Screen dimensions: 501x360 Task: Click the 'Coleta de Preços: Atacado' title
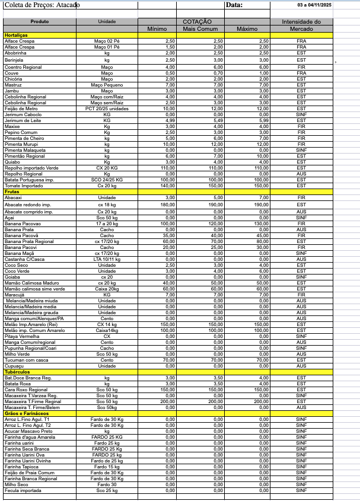pyautogui.click(x=37, y=5)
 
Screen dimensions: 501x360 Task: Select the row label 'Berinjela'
pyautogui.click(x=15, y=60)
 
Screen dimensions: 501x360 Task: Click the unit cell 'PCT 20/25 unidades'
pyautogui.click(x=107, y=109)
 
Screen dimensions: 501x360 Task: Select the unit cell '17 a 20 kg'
pyautogui.click(x=107, y=224)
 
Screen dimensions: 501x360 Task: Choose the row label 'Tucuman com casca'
pyautogui.click(x=23, y=359)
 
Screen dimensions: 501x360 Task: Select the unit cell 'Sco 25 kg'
pyautogui.click(x=107, y=490)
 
